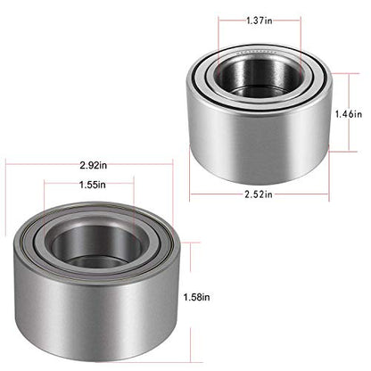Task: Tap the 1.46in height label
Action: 348,114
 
